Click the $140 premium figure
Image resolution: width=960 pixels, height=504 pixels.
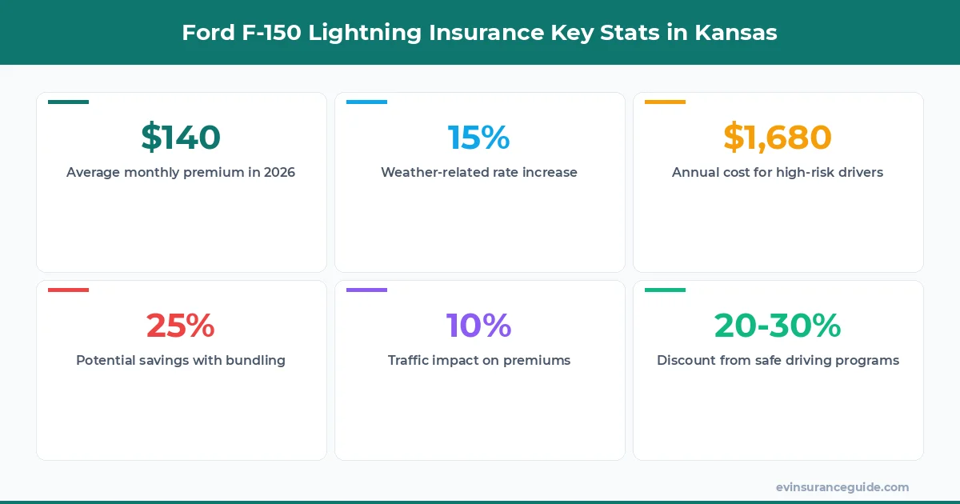tap(181, 138)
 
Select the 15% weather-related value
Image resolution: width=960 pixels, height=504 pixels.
tap(478, 138)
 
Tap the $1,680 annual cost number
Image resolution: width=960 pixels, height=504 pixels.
tap(778, 138)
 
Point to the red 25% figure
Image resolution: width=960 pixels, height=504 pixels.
tap(181, 326)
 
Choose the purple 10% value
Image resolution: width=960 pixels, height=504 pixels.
tap(478, 326)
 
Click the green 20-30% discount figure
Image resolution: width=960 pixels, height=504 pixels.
tap(778, 326)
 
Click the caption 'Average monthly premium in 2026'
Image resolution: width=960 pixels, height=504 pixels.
tap(181, 172)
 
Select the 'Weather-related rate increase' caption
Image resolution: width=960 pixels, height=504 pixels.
tap(478, 172)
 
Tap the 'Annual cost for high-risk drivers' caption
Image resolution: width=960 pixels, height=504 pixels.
tap(778, 172)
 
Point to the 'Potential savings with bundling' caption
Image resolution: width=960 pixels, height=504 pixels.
tap(181, 360)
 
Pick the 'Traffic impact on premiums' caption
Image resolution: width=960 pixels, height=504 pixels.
tap(478, 360)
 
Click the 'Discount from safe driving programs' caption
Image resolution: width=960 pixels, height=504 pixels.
tap(778, 360)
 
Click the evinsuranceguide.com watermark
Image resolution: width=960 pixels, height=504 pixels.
tap(842, 486)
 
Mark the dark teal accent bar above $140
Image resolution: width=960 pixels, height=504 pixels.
tap(68, 102)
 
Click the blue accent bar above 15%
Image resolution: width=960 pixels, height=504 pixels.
tap(366, 102)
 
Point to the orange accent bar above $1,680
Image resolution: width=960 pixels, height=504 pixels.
tap(665, 102)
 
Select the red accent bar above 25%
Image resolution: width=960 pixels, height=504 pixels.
tap(68, 290)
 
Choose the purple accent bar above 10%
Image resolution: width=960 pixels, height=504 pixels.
tap(366, 290)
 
